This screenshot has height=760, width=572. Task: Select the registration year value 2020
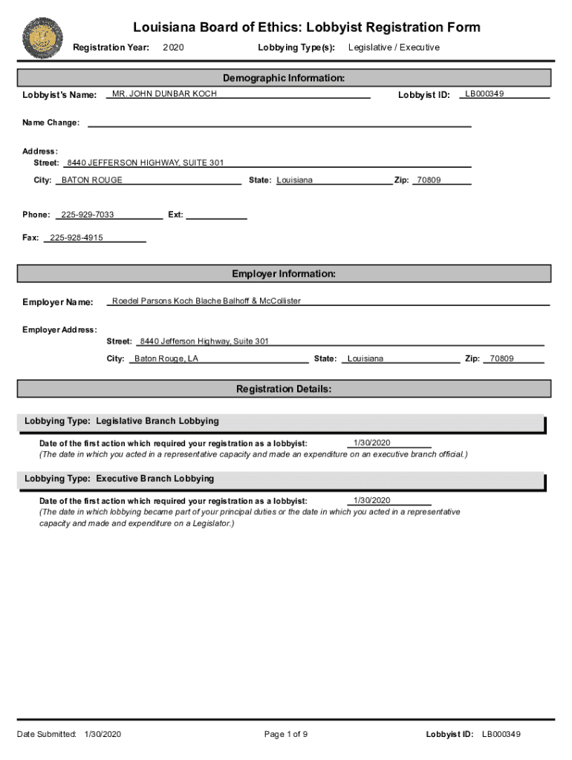point(173,47)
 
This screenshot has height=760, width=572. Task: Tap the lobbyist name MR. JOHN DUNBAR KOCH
point(164,94)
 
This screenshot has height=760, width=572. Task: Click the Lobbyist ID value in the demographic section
point(484,94)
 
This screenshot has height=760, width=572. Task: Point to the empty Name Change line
point(279,123)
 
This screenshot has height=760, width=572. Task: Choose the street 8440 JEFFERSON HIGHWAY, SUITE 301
point(145,163)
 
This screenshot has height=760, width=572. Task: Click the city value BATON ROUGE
point(92,180)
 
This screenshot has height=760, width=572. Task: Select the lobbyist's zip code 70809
point(429,180)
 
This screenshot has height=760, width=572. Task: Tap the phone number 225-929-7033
point(88,214)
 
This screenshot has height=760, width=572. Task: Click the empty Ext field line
point(216,215)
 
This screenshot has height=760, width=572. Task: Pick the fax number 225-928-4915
point(77,238)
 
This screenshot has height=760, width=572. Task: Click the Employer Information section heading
point(284,274)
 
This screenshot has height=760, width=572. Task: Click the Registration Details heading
point(284,389)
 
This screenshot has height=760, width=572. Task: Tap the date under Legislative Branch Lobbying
point(371,443)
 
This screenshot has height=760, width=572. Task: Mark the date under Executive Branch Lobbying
point(371,501)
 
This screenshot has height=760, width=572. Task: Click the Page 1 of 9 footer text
point(286,735)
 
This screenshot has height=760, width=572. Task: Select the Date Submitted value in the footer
point(103,735)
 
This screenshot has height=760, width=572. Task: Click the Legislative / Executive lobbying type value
point(394,47)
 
